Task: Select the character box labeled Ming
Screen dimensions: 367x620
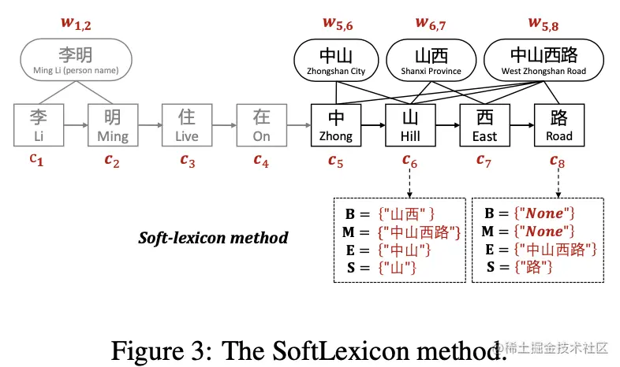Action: click(x=113, y=125)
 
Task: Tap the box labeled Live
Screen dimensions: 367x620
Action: click(x=187, y=125)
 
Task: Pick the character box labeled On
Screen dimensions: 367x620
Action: click(x=261, y=125)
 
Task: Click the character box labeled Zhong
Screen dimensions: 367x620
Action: click(x=336, y=125)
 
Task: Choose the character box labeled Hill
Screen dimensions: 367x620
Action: click(x=410, y=125)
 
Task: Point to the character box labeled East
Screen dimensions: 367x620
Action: click(x=484, y=125)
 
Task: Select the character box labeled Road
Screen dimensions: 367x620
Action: click(x=558, y=125)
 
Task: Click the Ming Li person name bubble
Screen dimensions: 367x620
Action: click(x=77, y=61)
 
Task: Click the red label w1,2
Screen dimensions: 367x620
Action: click(x=77, y=22)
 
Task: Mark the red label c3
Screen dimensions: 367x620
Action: click(x=187, y=160)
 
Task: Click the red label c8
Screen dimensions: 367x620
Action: click(x=558, y=160)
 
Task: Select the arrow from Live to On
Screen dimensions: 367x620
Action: click(x=224, y=124)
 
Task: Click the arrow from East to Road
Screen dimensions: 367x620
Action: click(x=521, y=124)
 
